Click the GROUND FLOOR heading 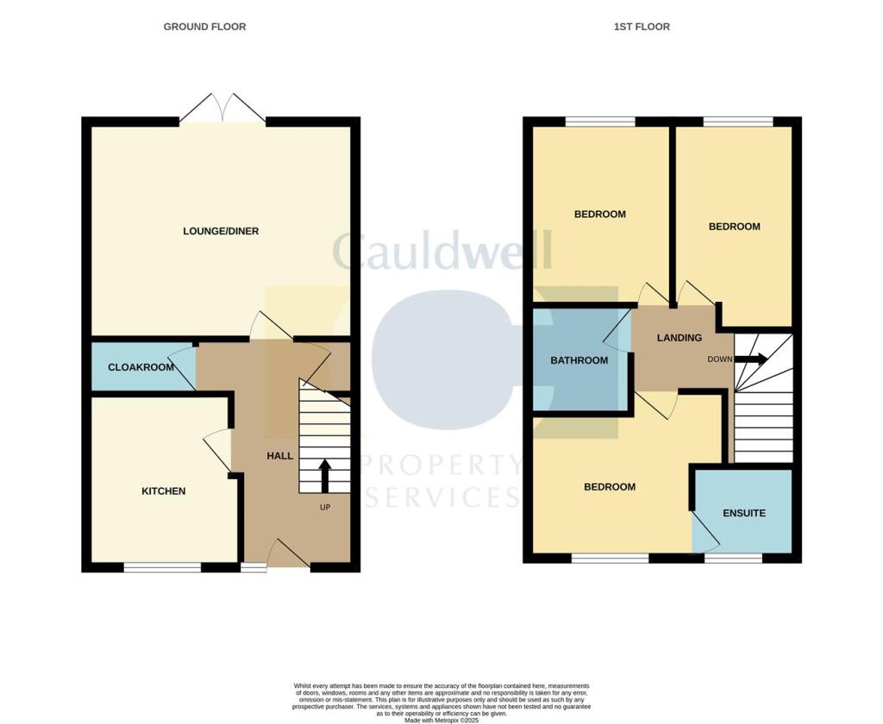coord(204,27)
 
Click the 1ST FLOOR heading coord(642,27)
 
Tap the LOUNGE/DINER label coord(221,231)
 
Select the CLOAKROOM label coord(141,367)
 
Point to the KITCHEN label coord(164,491)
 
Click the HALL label coord(279,456)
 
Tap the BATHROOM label coord(579,360)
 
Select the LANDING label coord(679,338)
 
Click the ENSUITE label coord(744,513)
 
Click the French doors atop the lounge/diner coord(223,109)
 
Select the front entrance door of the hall coord(288,554)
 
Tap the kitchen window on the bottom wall coord(162,567)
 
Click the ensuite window coord(733,559)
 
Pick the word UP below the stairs coord(325,507)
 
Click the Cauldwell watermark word coord(441,252)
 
